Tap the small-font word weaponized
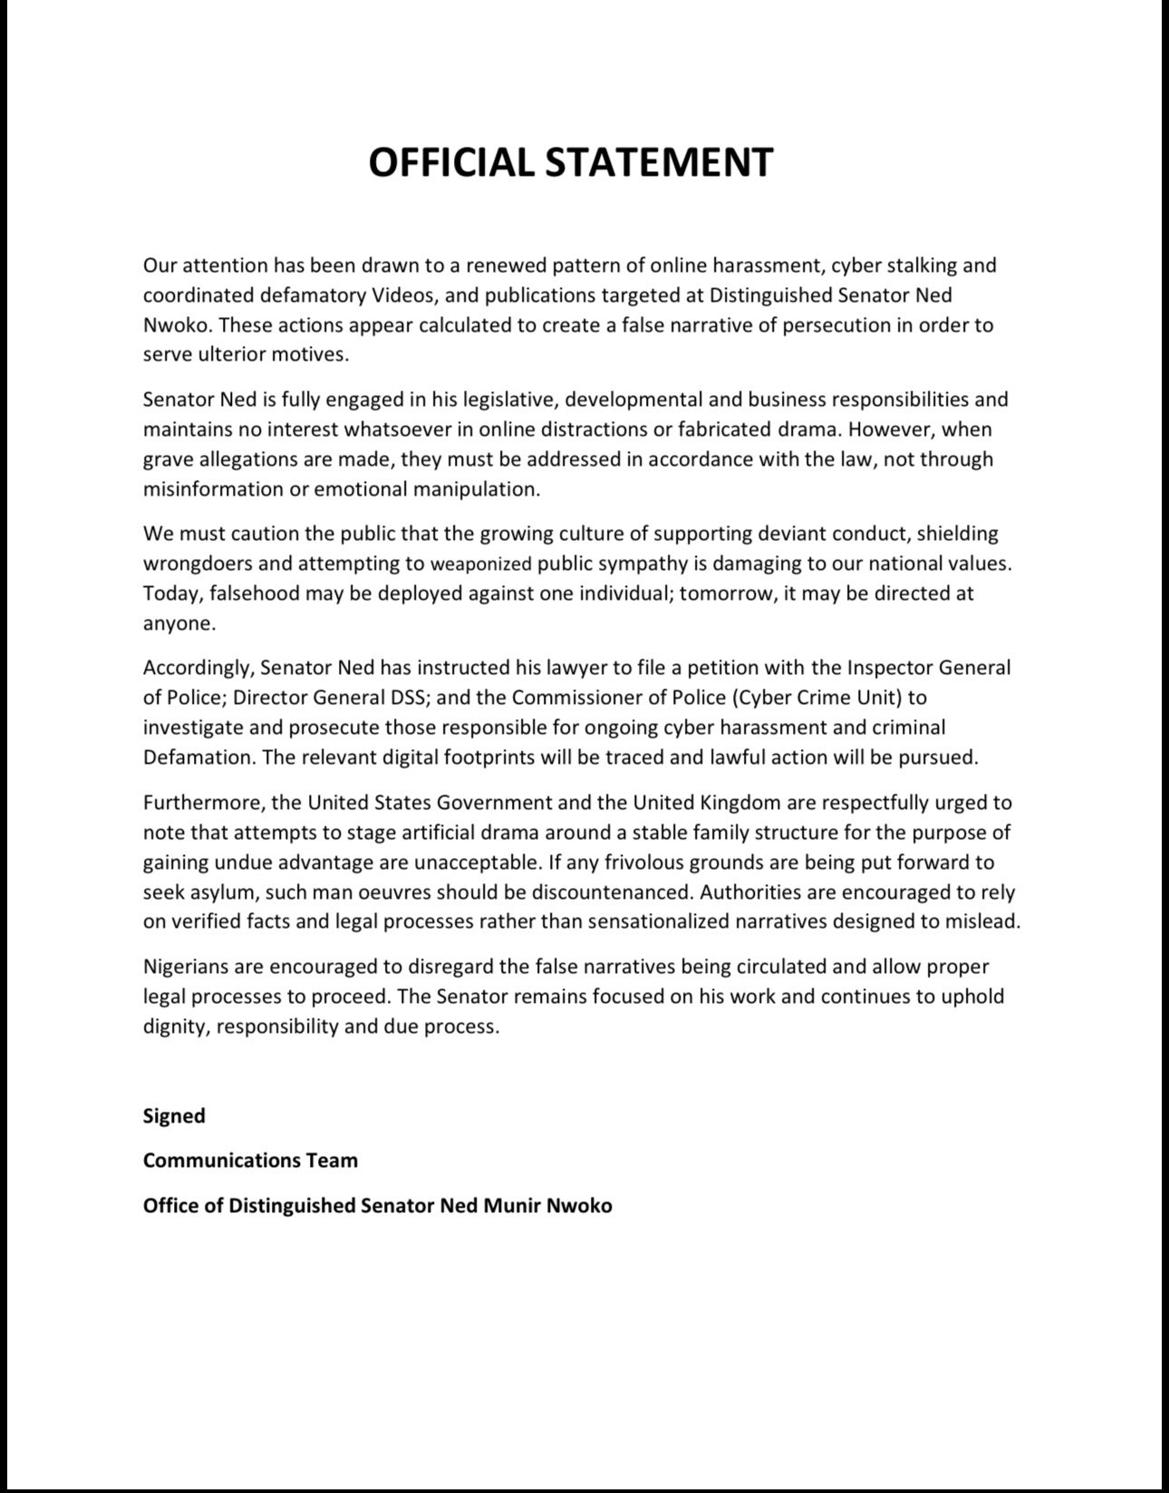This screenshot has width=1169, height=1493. (x=480, y=564)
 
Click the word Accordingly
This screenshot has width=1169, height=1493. (x=197, y=669)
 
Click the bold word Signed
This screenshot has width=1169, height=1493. (x=174, y=1116)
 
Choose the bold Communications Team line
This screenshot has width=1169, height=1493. (x=250, y=1161)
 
